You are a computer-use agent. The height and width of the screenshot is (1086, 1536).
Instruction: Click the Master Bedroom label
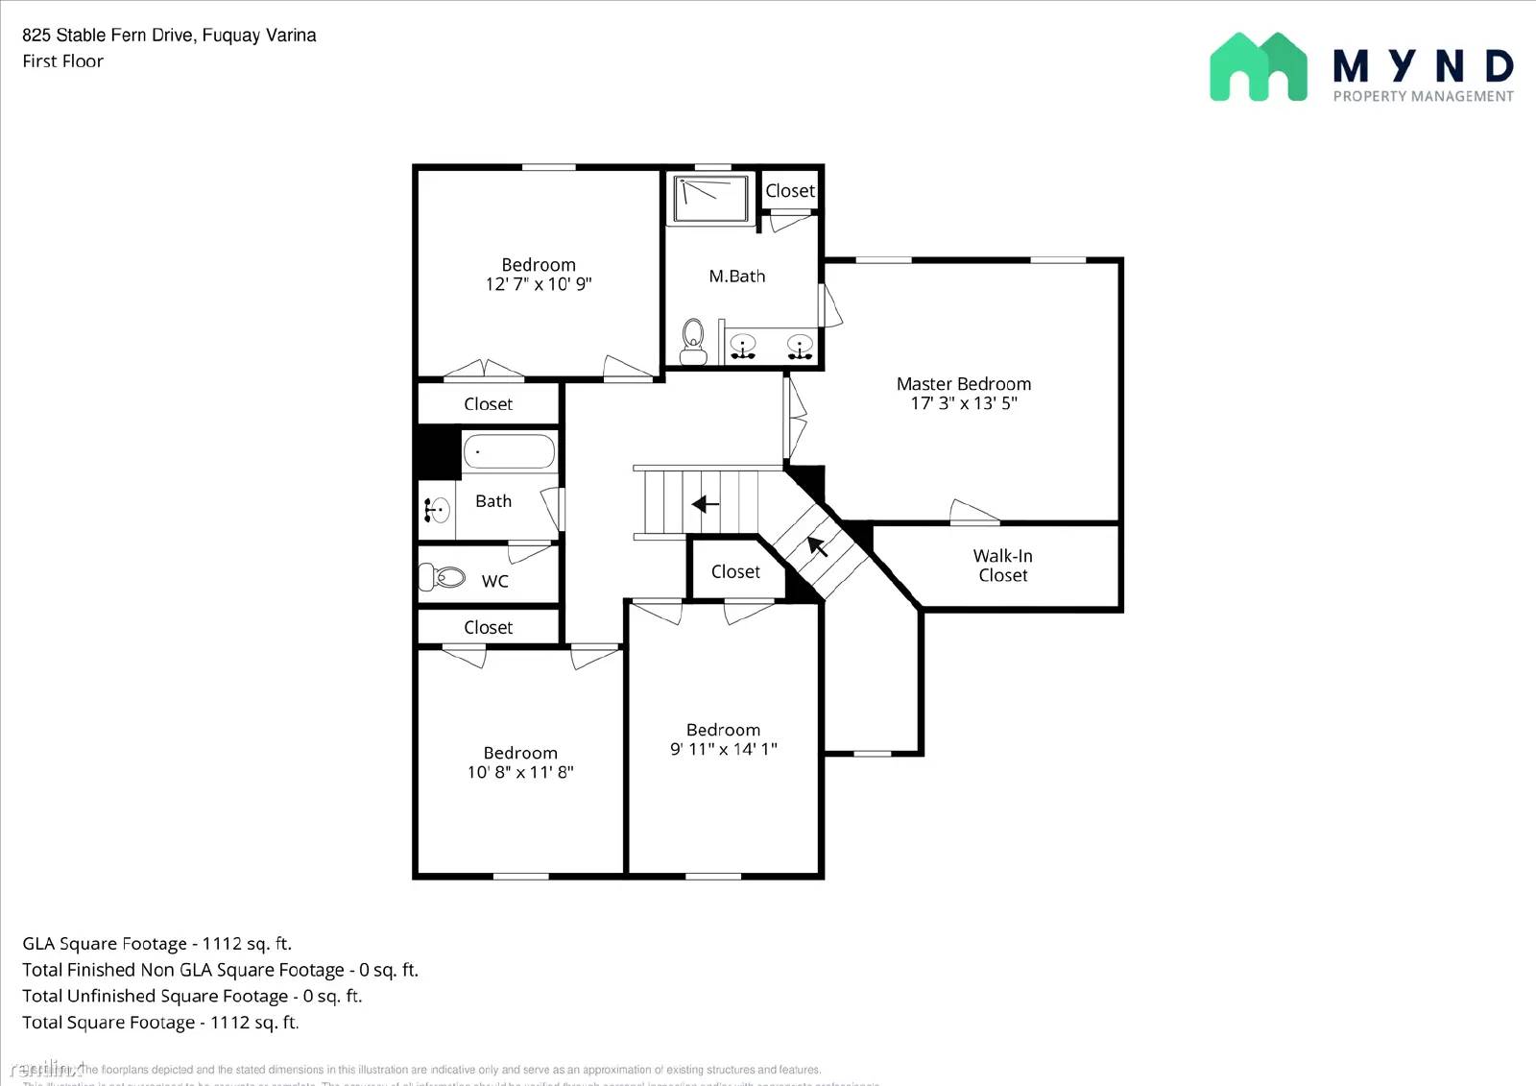tap(964, 384)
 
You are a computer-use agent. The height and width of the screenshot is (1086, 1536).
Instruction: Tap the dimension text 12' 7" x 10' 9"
tap(539, 284)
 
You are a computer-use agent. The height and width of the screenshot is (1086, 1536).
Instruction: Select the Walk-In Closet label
tap(1002, 566)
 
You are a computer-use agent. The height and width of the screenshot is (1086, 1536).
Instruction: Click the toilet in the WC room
tap(443, 577)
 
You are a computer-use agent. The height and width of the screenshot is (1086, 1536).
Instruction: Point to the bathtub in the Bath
tap(509, 451)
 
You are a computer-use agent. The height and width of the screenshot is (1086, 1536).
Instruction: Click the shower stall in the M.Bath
tap(711, 199)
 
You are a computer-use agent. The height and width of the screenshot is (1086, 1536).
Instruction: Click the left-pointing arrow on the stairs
tap(706, 504)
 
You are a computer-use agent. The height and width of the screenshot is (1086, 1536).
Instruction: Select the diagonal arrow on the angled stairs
tap(817, 546)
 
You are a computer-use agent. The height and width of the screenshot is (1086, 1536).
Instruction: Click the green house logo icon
tap(1258, 67)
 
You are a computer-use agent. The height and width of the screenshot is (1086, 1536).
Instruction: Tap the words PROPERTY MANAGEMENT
tap(1423, 96)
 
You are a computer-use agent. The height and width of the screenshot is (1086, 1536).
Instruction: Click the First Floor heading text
tap(63, 61)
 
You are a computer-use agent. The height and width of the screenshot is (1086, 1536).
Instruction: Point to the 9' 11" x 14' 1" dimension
tap(723, 749)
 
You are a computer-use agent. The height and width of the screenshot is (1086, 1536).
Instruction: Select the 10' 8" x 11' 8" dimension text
tap(520, 772)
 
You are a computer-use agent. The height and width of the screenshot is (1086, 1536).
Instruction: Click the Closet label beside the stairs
tap(735, 572)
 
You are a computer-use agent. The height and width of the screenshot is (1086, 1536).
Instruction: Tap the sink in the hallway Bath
tap(438, 510)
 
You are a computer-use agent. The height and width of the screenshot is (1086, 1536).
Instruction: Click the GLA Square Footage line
tap(156, 944)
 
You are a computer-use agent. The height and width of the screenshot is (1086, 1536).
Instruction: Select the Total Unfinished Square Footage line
tap(192, 997)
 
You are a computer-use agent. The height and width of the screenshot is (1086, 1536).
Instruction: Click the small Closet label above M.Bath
tap(790, 191)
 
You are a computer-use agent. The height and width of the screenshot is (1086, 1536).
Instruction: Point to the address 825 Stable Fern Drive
tap(169, 36)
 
